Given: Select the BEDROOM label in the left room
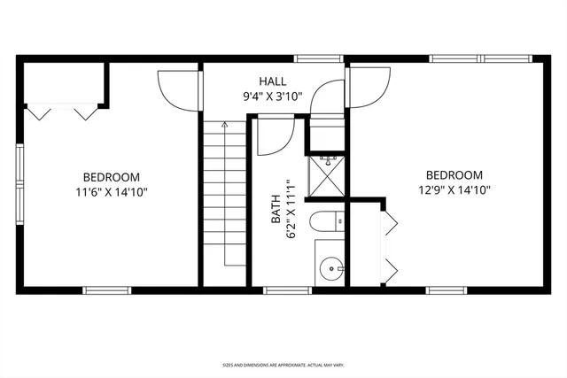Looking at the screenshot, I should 111,175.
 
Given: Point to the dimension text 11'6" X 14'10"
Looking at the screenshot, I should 111,189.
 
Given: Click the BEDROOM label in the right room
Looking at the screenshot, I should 454,175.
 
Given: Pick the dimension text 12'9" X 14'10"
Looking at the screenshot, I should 454,189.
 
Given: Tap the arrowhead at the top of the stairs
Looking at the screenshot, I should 224,126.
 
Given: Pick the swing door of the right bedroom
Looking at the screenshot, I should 369,89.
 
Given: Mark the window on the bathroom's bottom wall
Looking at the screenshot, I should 282,289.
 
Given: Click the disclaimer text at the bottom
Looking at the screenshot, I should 283,364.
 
